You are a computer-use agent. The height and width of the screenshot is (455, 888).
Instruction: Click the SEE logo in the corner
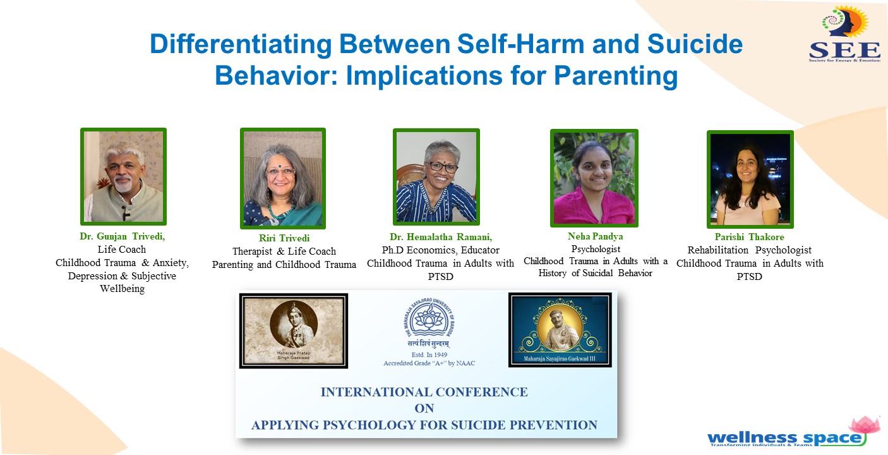point(844,35)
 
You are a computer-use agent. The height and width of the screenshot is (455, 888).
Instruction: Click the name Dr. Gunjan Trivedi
point(117,236)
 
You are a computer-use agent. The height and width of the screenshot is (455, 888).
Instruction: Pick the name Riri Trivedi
point(284,238)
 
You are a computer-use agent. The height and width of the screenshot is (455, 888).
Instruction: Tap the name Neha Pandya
point(594,236)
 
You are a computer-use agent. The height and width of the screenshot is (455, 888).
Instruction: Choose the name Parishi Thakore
point(750,237)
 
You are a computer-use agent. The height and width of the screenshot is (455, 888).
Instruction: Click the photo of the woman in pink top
point(594,178)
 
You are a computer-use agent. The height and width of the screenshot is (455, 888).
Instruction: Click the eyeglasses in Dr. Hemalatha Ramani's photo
point(443,167)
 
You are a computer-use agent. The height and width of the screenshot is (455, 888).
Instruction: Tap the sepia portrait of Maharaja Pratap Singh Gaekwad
point(293,330)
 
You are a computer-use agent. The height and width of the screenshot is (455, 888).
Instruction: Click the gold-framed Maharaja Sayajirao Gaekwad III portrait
point(560,329)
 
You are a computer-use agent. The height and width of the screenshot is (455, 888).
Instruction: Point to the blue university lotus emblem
point(426,318)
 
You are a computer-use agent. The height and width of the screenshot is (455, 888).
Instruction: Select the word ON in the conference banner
point(424,408)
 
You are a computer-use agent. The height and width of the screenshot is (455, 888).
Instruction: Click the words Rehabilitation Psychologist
point(750,250)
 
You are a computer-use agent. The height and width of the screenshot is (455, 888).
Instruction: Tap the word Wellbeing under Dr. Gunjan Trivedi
point(122,289)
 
